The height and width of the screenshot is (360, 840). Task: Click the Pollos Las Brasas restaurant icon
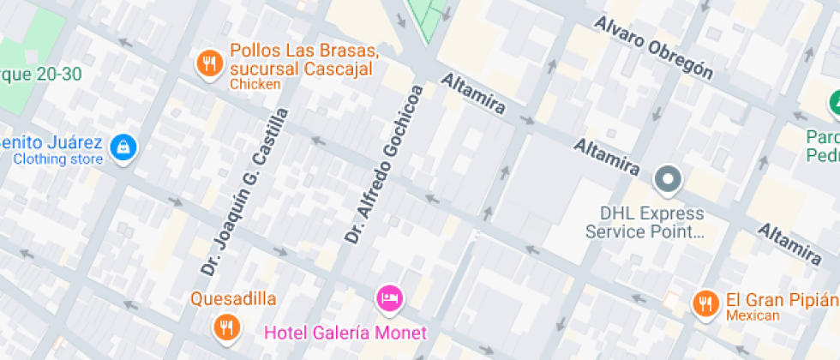tap(208, 63)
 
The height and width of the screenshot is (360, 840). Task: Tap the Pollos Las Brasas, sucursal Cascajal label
tap(303, 59)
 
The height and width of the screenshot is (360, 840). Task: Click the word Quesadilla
tap(233, 299)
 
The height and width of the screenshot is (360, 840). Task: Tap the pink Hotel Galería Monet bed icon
tap(390, 297)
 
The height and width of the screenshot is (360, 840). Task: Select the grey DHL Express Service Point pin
tap(667, 180)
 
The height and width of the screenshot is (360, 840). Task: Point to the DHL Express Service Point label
tap(645, 222)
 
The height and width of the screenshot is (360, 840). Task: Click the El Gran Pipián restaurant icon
tap(705, 303)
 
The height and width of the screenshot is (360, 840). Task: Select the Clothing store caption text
tap(58, 159)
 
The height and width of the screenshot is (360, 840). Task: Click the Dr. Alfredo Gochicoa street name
tap(385, 163)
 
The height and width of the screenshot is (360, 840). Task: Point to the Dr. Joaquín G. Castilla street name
tap(244, 192)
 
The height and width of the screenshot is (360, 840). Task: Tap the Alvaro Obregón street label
tap(655, 47)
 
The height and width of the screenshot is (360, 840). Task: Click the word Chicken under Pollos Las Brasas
tap(255, 85)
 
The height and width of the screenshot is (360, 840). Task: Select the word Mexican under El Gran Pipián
tap(753, 315)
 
